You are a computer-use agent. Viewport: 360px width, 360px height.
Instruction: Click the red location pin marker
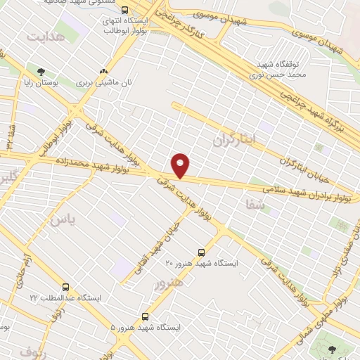point(181,165)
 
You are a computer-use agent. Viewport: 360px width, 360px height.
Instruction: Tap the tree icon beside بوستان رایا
point(41,71)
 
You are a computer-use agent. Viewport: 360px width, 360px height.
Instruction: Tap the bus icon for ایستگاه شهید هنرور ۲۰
point(202,251)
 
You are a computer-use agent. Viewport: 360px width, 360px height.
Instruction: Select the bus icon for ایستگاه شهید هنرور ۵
point(145,316)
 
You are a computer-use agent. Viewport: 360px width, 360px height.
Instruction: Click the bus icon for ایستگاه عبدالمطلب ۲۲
point(65,287)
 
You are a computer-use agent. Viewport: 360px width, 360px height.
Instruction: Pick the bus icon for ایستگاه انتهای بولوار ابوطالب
point(124,10)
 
